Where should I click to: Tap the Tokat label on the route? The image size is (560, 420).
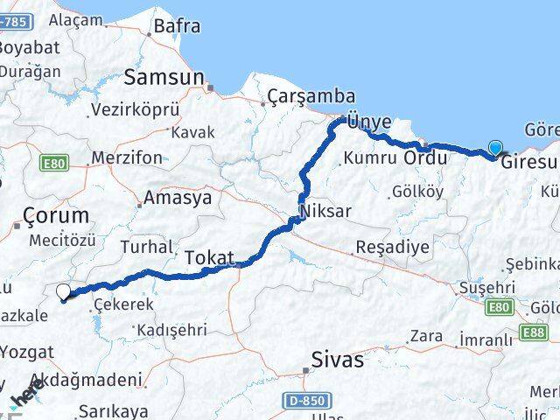[x=210, y=258]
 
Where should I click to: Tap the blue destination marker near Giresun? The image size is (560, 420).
[x=497, y=149]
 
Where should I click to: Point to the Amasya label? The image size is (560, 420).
[x=178, y=198]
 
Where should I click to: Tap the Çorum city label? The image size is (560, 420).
[x=56, y=215]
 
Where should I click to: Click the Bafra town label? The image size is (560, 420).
[x=177, y=26]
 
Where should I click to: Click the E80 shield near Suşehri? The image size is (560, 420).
[x=500, y=307]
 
